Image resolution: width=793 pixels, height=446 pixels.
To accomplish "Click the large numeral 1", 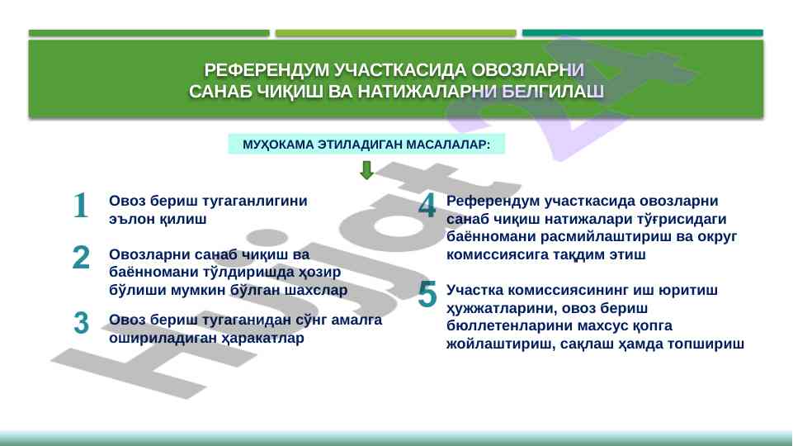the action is click(81, 206).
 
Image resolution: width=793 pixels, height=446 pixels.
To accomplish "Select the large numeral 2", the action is click(81, 257).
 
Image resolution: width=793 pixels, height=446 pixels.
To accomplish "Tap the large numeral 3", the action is click(81, 323).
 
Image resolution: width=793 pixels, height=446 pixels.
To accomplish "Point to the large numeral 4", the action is click(427, 206).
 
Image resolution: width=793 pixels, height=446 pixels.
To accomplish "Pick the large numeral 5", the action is click(427, 295).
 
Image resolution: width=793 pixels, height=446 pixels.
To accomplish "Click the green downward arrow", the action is click(366, 170).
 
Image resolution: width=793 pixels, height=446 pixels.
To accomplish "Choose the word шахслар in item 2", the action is click(316, 290).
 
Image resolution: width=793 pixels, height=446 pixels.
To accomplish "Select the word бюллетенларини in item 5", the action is click(508, 325).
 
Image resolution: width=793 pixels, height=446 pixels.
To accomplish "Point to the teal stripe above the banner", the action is click(642, 33).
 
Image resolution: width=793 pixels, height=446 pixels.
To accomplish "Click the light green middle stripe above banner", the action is click(395, 33).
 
